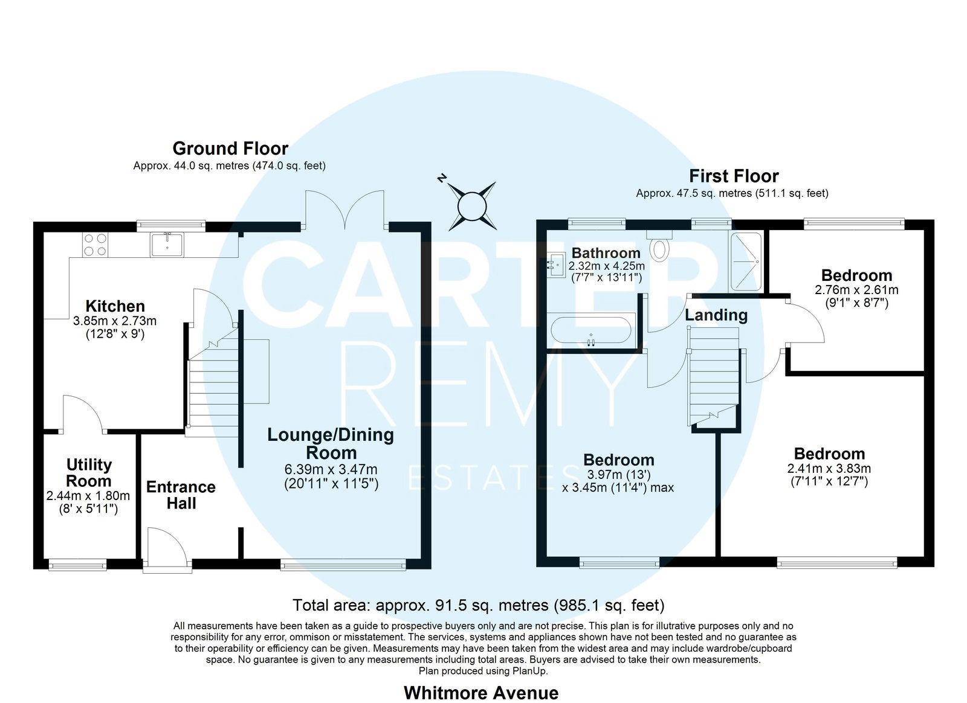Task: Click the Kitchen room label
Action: click(115, 306)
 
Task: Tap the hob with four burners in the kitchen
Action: click(95, 245)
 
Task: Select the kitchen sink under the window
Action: click(167, 245)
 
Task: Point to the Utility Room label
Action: click(89, 473)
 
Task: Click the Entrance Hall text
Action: click(181, 495)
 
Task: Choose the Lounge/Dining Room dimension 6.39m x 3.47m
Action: click(331, 469)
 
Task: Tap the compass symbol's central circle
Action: click(472, 206)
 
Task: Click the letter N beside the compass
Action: click(441, 178)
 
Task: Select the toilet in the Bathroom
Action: click(659, 246)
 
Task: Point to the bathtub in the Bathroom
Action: click(592, 330)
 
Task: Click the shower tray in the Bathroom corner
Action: click(746, 262)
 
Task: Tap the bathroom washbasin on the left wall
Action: click(556, 265)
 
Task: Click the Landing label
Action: click(716, 315)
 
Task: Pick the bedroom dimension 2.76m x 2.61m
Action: click(856, 290)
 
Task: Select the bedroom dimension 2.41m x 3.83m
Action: click(829, 469)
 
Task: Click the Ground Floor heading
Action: click(230, 149)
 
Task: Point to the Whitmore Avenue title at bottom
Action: click(481, 693)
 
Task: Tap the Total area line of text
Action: click(478, 605)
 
